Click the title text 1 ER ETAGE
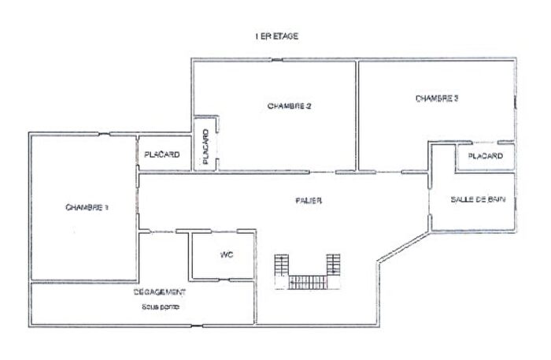[x=276, y=36]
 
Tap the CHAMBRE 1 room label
[x=87, y=207]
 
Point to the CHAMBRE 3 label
[x=437, y=98]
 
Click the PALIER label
[x=309, y=201]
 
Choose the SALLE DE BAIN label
[x=477, y=200]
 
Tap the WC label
[x=226, y=254]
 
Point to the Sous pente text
[x=161, y=306]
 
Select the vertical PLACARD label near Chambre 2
[x=205, y=147]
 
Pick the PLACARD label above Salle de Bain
[x=485, y=157]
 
